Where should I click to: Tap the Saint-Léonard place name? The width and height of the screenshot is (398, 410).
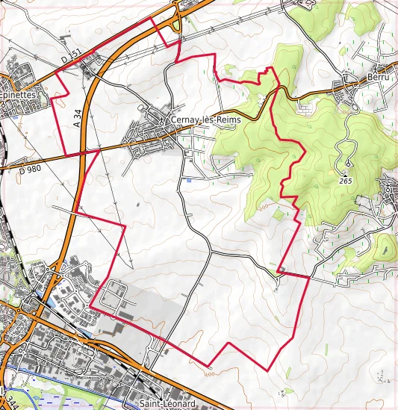pos(161,403)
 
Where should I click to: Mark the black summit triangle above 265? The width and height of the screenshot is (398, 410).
pos(347,164)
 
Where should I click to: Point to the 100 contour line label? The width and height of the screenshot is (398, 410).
pos(208,373)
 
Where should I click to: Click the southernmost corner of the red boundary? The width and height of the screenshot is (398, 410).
pos(267,370)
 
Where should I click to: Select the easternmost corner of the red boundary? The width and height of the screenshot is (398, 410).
pos(308,277)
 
